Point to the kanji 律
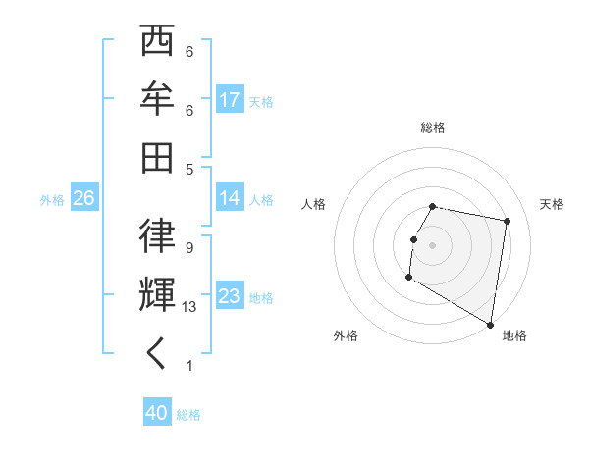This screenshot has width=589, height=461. pos(157,236)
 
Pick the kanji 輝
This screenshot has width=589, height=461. pos(157,295)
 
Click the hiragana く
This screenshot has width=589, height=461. pos(157,354)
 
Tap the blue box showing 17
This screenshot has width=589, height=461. pos(230,99)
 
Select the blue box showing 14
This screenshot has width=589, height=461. pos(230,197)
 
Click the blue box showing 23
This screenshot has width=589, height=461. pos(230,296)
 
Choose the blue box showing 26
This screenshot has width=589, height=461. pos(83,198)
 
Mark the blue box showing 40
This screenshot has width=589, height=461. pos(156,413)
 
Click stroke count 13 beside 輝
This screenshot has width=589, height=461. pos(189,307)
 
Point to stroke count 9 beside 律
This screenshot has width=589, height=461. pos(189,247)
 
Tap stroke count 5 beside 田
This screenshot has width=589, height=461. pos(189,169)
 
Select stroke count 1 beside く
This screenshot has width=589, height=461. pos(189,366)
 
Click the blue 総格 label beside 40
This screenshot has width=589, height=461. pos(188,415)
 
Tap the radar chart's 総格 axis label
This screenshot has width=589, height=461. pos(433,128)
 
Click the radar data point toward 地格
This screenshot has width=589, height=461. pos(491,325)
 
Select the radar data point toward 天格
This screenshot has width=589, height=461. pos(507,222)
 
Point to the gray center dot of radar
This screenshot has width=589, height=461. pos(432,245)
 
